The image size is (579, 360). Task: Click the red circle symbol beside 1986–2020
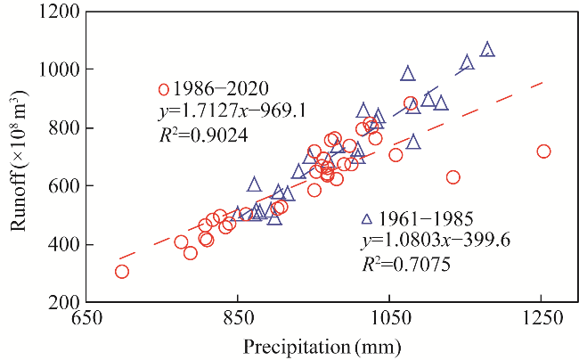(163, 89)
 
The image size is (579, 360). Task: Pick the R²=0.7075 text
(405, 265)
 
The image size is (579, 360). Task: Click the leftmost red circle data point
(122, 272)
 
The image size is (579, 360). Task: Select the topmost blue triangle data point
(487, 50)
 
